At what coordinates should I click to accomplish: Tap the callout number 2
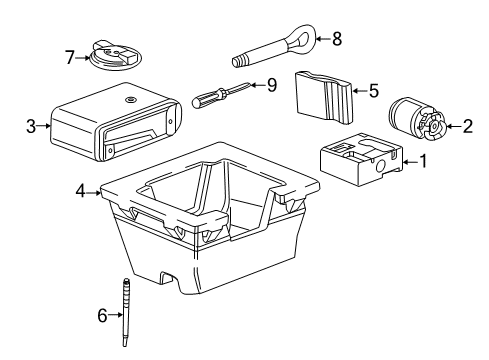(x=466, y=126)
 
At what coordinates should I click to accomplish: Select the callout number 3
(x=31, y=127)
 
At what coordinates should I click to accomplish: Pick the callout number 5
(x=374, y=90)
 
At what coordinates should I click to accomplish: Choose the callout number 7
(x=69, y=58)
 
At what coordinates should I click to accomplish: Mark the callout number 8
(x=336, y=39)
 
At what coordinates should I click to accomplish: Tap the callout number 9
(x=269, y=85)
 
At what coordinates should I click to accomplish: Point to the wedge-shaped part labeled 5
(x=324, y=94)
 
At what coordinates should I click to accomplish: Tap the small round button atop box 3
(x=131, y=101)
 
